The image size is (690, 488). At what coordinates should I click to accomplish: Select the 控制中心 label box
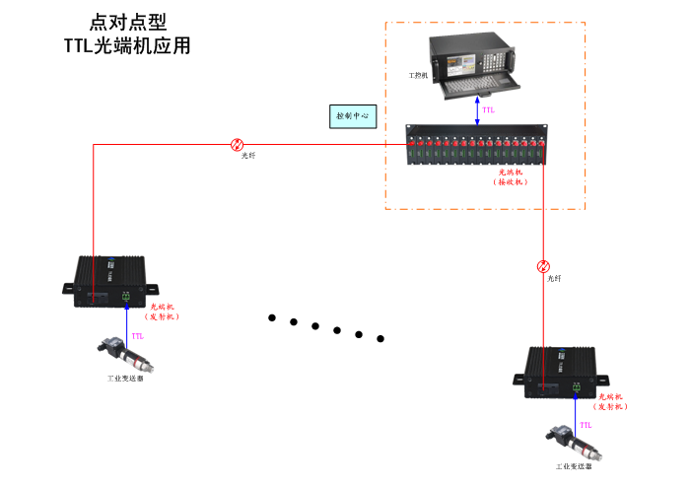click(x=352, y=116)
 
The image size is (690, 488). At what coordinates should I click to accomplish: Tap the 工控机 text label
click(x=418, y=75)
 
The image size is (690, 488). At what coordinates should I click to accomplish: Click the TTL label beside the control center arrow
click(x=489, y=110)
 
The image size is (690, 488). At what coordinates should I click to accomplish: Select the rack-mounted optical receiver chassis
click(x=477, y=147)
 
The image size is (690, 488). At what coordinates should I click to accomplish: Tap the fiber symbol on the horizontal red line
click(x=237, y=144)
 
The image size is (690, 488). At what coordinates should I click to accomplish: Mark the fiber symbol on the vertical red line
click(x=543, y=266)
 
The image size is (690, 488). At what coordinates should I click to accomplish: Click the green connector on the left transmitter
click(x=126, y=296)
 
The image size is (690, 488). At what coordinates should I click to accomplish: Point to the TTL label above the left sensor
click(x=137, y=336)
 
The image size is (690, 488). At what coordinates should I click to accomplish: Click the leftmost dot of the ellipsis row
click(x=271, y=317)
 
